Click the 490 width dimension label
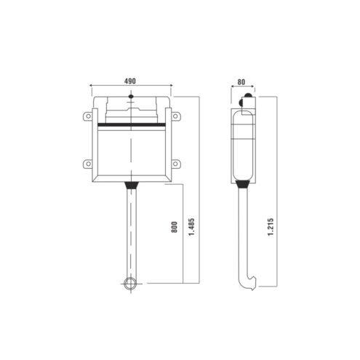coord(130,81)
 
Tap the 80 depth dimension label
coord(241,82)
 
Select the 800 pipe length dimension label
coord(175,227)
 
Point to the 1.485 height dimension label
coord(192,227)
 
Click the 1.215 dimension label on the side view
coord(271,227)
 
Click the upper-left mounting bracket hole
coord(88,116)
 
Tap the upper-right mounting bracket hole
coord(175,116)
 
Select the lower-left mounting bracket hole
coord(88,164)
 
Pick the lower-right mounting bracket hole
coord(175,164)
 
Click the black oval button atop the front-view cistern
coord(131,97)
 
